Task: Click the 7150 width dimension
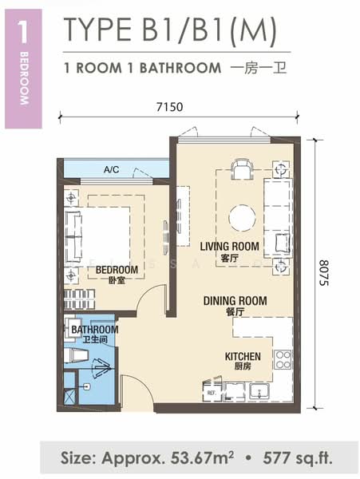[x=169, y=107]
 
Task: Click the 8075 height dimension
[x=324, y=273]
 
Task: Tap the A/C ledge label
[x=111, y=169]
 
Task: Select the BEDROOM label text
[x=117, y=270]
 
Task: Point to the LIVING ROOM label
[x=229, y=246]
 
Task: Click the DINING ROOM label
[x=235, y=301]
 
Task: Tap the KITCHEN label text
[x=243, y=356]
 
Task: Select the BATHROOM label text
[x=95, y=329]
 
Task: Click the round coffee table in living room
[x=242, y=218]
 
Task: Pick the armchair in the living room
[x=242, y=169]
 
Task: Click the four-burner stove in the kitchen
[x=283, y=359]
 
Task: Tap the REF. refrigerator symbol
[x=212, y=392]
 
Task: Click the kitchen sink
[x=259, y=392]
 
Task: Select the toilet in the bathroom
[x=77, y=356]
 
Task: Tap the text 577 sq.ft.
[x=298, y=457]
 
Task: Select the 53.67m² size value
[x=202, y=457]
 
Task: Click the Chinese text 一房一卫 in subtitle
[x=259, y=68]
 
